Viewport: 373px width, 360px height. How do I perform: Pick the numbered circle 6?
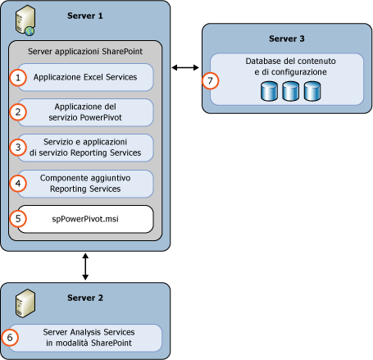pos(10,336)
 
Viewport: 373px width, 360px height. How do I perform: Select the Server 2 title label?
pos(86,297)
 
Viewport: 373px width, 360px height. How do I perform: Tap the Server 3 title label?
pos(287,38)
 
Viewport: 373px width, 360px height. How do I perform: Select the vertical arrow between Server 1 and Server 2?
pos(85,266)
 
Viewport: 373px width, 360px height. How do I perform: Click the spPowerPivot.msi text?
pos(86,219)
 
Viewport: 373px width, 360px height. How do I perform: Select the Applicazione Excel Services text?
pos(86,76)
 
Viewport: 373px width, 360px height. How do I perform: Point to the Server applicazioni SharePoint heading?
pos(85,51)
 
